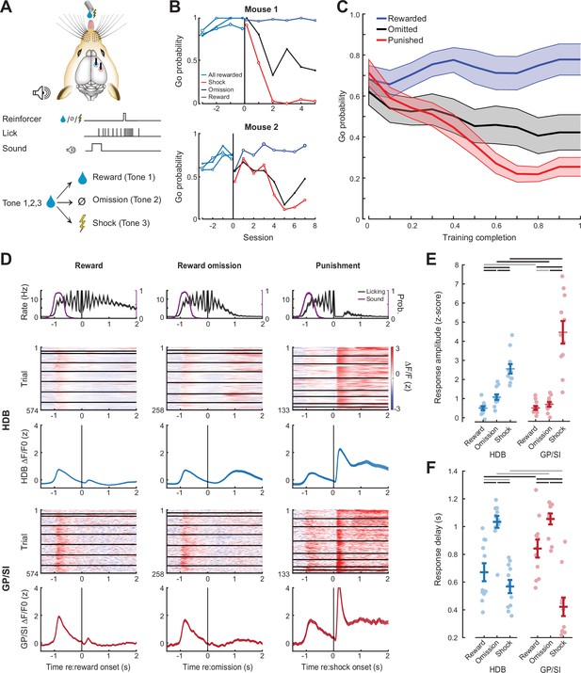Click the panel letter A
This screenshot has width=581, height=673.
7,8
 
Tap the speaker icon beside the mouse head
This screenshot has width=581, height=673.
41,92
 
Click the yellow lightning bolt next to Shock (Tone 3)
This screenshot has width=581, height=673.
82,223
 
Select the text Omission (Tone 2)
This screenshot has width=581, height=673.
127,200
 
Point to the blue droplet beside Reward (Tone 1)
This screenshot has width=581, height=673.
82,178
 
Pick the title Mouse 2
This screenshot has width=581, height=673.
261,127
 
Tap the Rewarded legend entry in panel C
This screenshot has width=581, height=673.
401,19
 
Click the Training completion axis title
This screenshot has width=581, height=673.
479,237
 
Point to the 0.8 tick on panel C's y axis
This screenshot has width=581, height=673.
355,56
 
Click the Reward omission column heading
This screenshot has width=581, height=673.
209,265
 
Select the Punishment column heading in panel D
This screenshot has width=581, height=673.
338,265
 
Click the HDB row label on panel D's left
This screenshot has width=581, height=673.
7,418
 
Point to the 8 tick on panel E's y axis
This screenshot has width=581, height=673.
457,265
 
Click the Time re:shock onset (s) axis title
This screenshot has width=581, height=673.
342,666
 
